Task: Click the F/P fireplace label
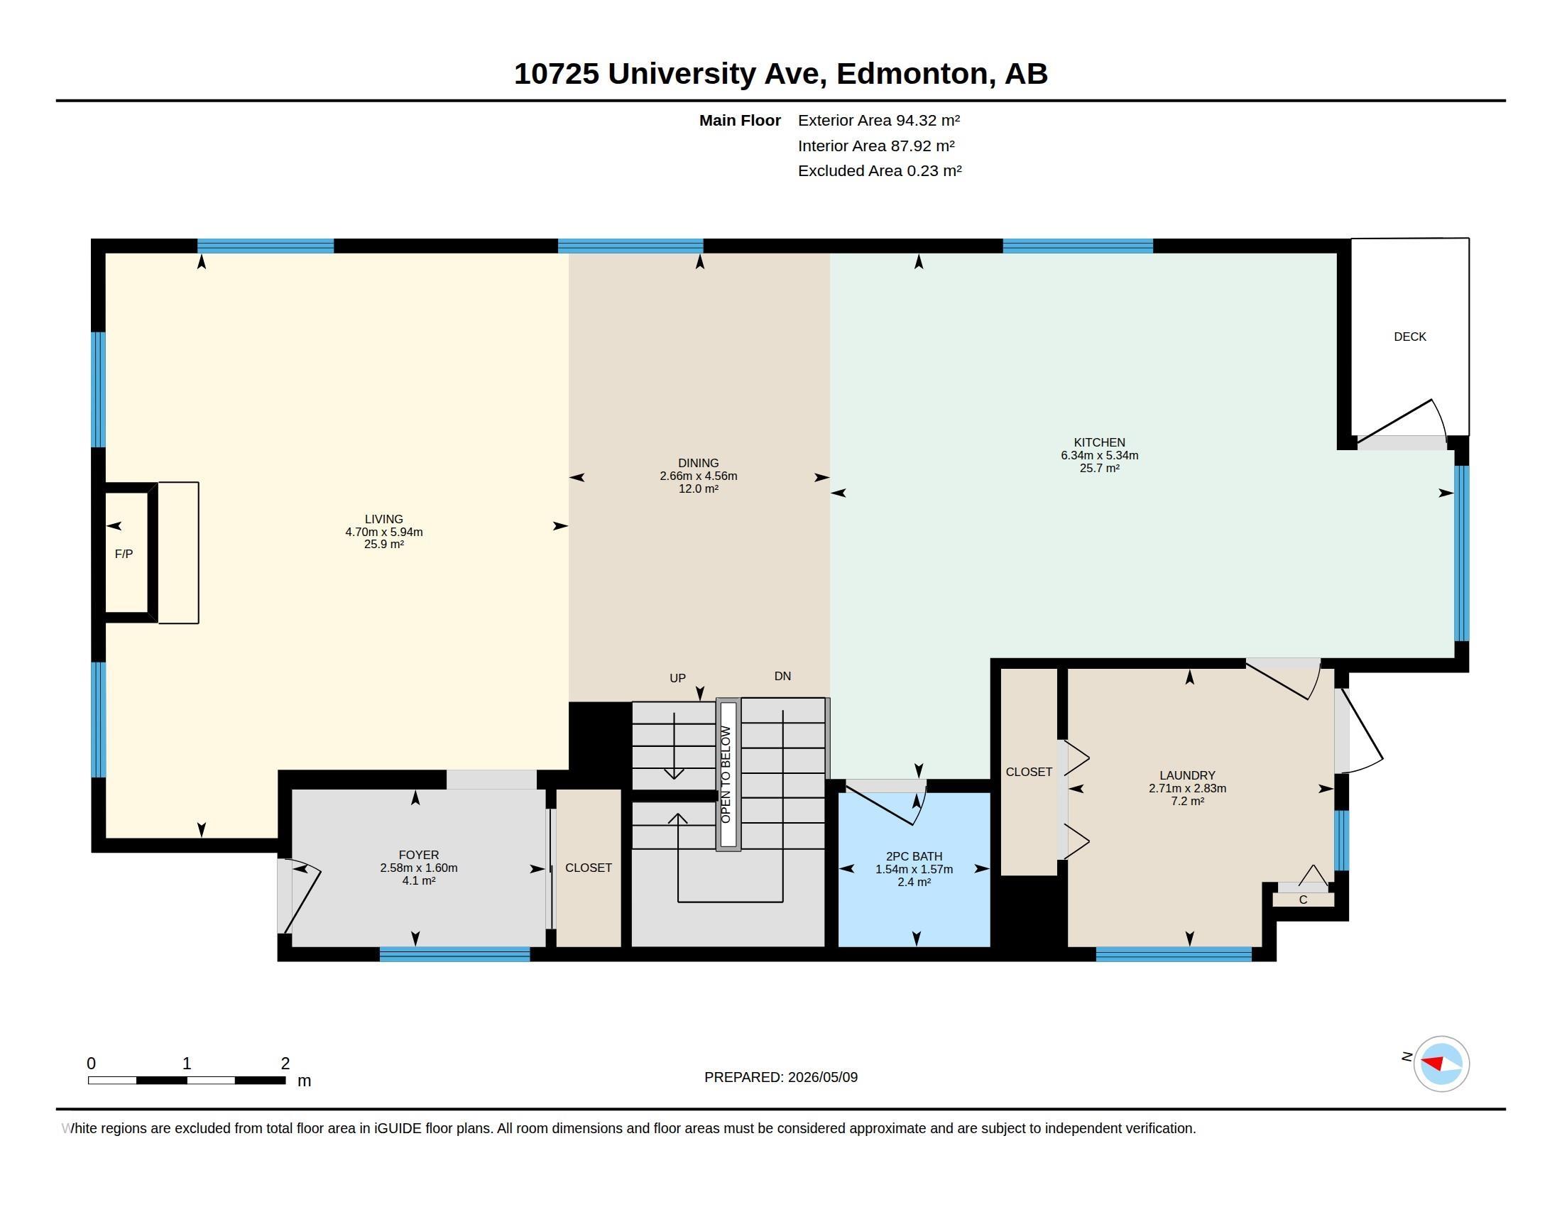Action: click(124, 555)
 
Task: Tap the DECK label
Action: click(1409, 337)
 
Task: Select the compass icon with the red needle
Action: click(1441, 1064)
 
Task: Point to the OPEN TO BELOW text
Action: click(726, 775)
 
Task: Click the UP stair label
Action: click(677, 678)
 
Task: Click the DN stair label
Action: click(782, 676)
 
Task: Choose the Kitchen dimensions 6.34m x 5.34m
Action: click(1099, 456)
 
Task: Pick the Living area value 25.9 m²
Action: click(384, 544)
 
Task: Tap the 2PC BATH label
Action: click(914, 857)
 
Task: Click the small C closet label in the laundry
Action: click(1303, 900)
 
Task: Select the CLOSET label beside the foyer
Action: click(589, 868)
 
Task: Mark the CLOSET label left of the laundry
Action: click(1029, 772)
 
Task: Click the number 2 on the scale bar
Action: click(285, 1064)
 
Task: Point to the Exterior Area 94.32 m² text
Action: click(879, 120)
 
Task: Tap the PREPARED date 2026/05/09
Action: click(822, 1077)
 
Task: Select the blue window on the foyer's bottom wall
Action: click(455, 954)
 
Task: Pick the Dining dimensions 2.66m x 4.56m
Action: click(698, 476)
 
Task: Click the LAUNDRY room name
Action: click(1187, 775)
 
